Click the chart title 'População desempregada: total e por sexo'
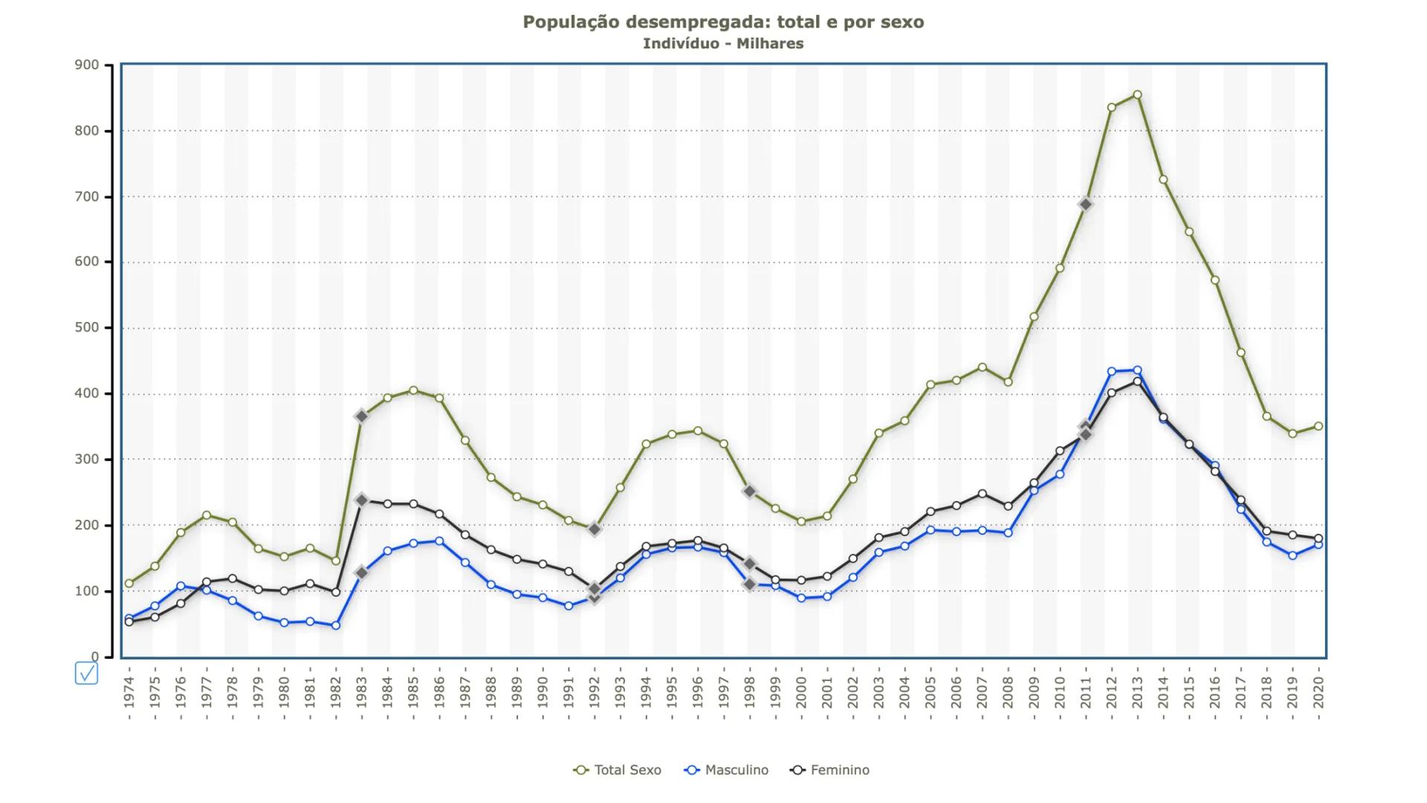[x=723, y=22]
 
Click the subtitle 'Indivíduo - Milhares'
[x=723, y=44]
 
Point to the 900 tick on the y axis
[x=87, y=65]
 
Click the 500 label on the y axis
[x=87, y=328]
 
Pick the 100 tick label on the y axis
[x=87, y=591]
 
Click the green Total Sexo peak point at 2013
[x=1137, y=95]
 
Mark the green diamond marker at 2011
[x=1086, y=204]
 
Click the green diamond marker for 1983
[x=361, y=417]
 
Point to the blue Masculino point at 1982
[x=336, y=625]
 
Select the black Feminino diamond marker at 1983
[x=361, y=500]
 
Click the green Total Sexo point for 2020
[x=1318, y=426]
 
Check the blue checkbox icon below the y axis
[x=86, y=674]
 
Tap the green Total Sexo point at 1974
[x=129, y=584]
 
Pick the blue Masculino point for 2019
[x=1292, y=555]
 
